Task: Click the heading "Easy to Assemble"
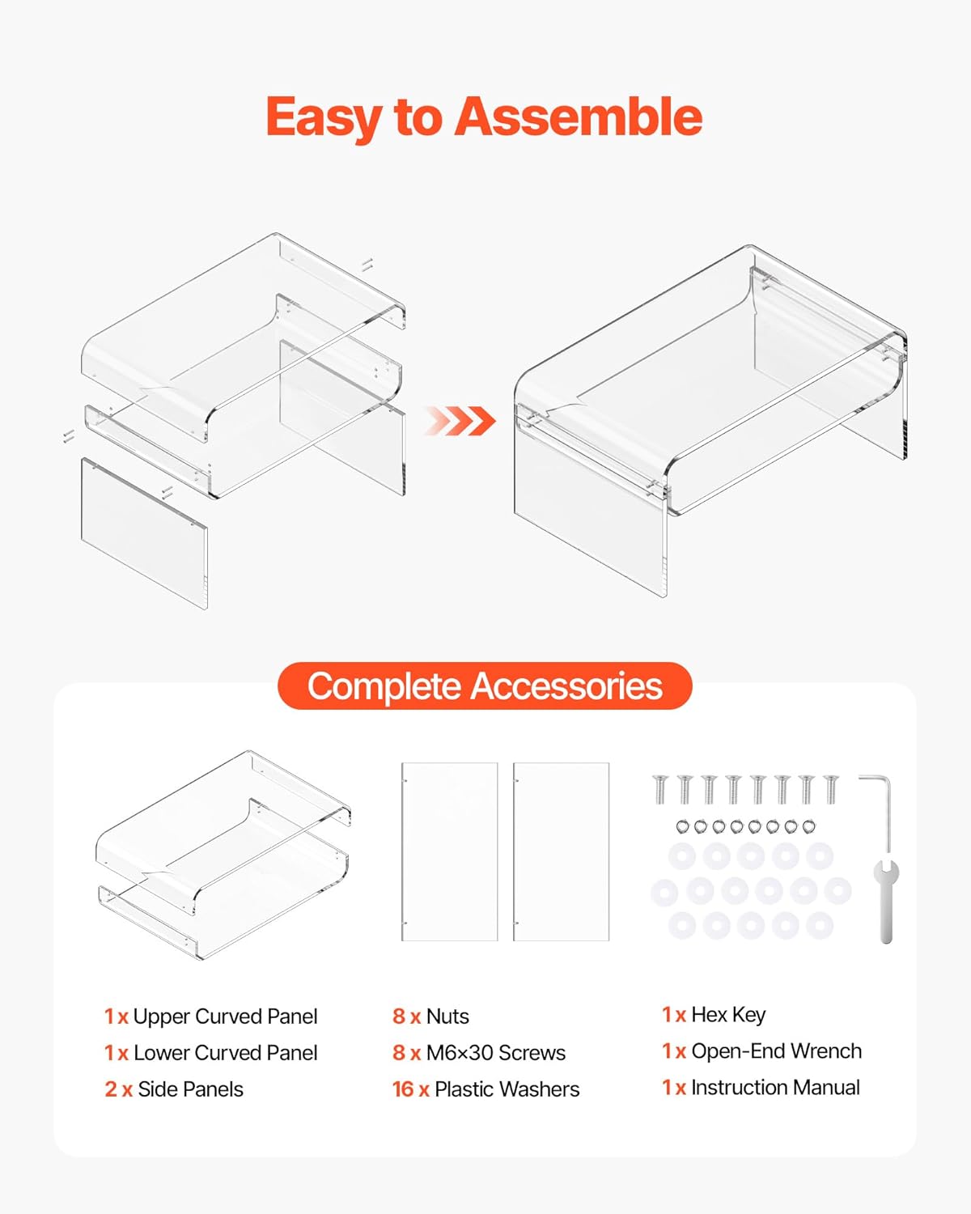(x=484, y=117)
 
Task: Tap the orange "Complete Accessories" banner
(x=485, y=686)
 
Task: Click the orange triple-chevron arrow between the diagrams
(x=460, y=421)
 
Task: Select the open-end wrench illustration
(x=886, y=901)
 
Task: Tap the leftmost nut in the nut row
(x=683, y=826)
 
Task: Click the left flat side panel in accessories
(x=450, y=852)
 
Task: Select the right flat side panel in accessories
(x=562, y=852)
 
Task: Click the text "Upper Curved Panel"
(x=225, y=1017)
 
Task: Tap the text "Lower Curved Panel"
(x=225, y=1053)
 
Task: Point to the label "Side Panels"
(x=190, y=1089)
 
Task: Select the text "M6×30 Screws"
(x=495, y=1053)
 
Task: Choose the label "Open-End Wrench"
(x=776, y=1051)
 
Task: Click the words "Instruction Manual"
(x=775, y=1087)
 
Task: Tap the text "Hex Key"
(x=728, y=1016)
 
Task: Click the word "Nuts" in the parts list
(x=447, y=1017)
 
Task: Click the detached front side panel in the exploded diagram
(x=145, y=533)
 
